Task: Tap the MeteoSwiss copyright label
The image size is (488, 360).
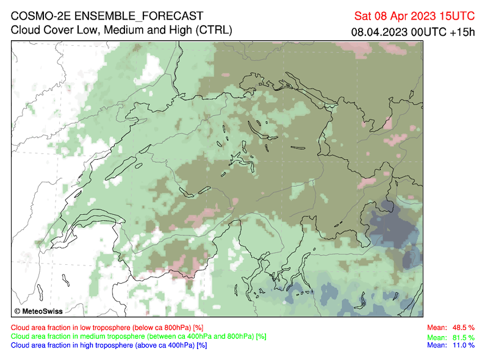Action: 40,311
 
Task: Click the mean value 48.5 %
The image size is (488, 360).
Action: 463,328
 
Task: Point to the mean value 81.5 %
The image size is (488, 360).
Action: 463,337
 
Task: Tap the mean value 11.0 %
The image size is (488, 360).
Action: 463,345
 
